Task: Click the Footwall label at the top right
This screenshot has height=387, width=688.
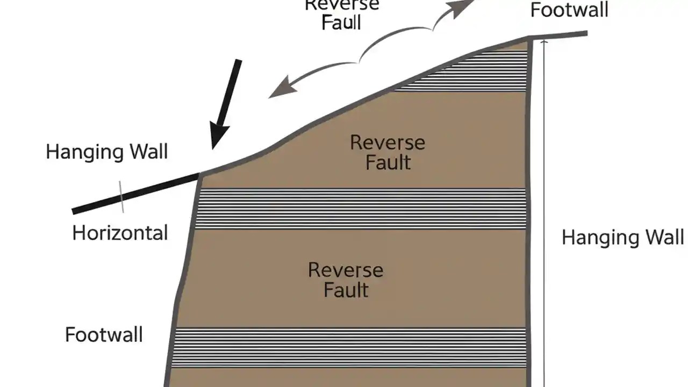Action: click(x=569, y=10)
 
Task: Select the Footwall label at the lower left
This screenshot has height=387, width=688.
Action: click(x=104, y=335)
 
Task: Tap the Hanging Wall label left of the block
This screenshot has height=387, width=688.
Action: click(x=106, y=152)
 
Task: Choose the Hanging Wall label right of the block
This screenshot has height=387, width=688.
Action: click(x=622, y=237)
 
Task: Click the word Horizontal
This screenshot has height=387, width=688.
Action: click(x=120, y=233)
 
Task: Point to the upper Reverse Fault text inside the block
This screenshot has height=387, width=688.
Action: click(x=388, y=152)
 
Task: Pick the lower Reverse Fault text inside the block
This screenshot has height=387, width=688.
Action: click(x=346, y=279)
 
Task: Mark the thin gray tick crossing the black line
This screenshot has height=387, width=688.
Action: click(x=121, y=197)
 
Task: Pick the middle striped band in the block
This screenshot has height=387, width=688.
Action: click(x=360, y=209)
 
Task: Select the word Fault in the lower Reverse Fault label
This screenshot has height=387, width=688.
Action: click(x=346, y=290)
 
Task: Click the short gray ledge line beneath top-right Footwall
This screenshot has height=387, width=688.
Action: click(x=559, y=35)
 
